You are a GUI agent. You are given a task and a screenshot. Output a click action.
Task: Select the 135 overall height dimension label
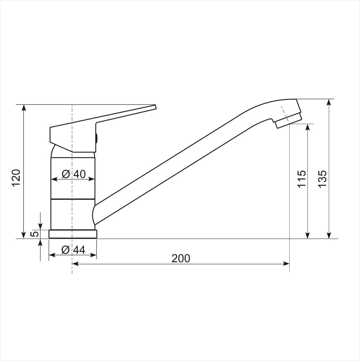322,178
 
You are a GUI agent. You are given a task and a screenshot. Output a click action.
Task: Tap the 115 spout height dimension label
302,178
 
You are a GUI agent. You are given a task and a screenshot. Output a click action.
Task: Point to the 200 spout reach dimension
181,258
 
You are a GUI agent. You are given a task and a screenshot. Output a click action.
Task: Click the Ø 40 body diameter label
73,174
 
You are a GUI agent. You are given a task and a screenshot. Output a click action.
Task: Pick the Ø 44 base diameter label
73,250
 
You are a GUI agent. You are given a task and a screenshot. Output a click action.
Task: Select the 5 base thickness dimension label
34,234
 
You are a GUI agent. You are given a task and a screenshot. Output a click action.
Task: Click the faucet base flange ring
73,234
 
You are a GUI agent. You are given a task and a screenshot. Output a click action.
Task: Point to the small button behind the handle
97,138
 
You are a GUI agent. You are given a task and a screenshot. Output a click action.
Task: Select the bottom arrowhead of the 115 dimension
308,235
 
